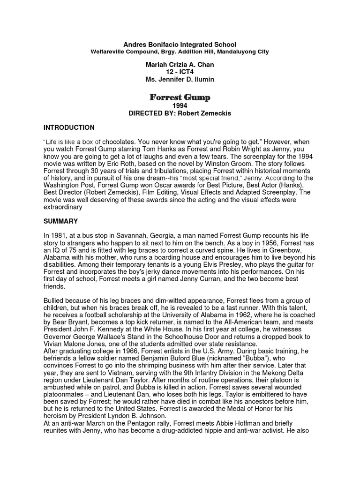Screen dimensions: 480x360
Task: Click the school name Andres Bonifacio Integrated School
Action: (180, 44)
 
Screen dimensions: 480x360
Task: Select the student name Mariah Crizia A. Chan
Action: (180, 64)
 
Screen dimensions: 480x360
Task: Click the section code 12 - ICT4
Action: (180, 72)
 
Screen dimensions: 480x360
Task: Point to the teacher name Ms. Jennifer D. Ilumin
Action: (180, 79)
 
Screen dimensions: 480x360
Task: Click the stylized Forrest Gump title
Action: (180, 97)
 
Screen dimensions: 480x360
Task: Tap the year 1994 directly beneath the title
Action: (180, 105)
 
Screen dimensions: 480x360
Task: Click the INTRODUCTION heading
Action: (69, 127)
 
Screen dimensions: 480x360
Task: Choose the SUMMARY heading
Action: (60, 221)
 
